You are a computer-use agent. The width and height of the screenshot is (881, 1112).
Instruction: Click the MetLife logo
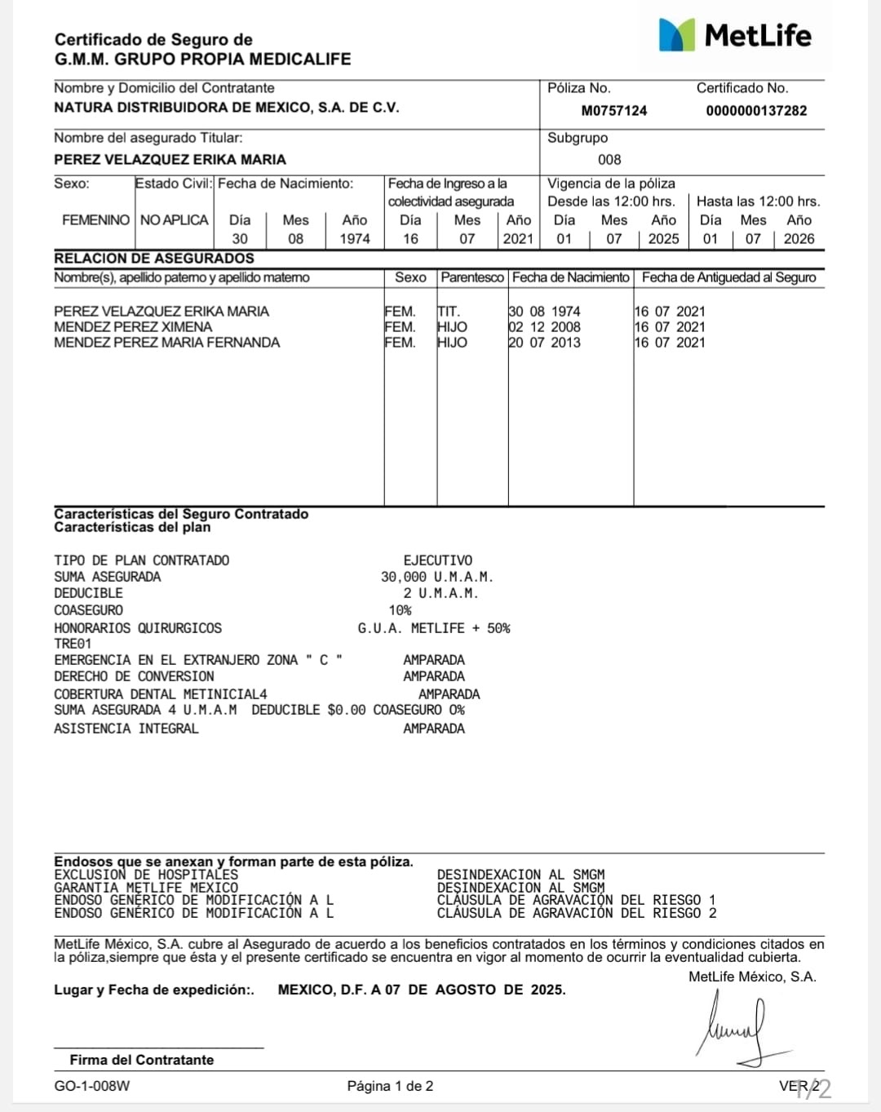pyautogui.click(x=734, y=35)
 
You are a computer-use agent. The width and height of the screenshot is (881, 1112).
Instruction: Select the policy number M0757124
pyautogui.click(x=613, y=110)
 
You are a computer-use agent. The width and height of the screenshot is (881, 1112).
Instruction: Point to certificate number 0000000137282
pyautogui.click(x=756, y=110)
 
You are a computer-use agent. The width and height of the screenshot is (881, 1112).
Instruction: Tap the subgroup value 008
pyautogui.click(x=609, y=159)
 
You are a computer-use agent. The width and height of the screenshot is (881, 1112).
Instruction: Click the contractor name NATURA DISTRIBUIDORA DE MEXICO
pyautogui.click(x=226, y=108)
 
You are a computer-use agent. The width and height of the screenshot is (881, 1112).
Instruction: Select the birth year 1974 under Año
pyautogui.click(x=355, y=238)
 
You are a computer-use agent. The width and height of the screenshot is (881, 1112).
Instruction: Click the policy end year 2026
pyautogui.click(x=799, y=238)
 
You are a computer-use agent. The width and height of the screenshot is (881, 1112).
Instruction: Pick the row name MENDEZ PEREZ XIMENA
pyautogui.click(x=133, y=326)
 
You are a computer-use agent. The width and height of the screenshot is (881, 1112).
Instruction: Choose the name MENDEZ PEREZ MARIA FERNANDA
pyautogui.click(x=166, y=343)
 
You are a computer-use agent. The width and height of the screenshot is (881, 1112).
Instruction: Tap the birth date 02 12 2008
pyautogui.click(x=544, y=326)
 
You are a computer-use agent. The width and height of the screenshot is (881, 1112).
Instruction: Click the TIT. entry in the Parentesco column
pyautogui.click(x=449, y=311)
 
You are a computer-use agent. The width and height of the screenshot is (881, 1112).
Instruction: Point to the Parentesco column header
pyautogui.click(x=472, y=277)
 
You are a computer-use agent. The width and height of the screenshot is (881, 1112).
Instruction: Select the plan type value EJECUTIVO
pyautogui.click(x=437, y=560)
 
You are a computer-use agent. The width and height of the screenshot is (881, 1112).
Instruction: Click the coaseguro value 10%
pyautogui.click(x=400, y=610)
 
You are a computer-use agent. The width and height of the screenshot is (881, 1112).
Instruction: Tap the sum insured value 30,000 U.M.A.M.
pyautogui.click(x=436, y=577)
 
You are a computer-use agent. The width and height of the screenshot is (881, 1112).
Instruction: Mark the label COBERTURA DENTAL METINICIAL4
pyautogui.click(x=161, y=693)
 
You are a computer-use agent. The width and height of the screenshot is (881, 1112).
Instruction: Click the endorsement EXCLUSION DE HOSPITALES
pyautogui.click(x=146, y=875)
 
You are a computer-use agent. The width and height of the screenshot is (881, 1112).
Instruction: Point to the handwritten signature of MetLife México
pyautogui.click(x=738, y=1028)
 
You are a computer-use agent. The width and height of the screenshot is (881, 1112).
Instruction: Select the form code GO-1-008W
pyautogui.click(x=92, y=1086)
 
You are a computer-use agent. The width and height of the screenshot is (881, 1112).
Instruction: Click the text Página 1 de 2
pyautogui.click(x=390, y=1086)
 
